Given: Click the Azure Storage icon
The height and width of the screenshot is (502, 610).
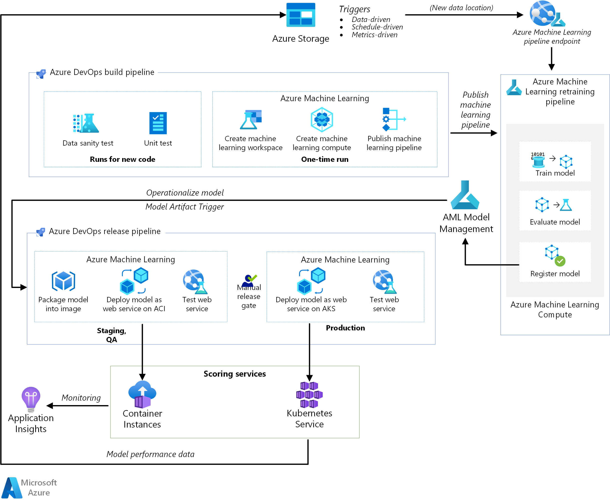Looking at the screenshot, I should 301,15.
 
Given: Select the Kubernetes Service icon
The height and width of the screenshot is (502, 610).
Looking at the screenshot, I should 309,394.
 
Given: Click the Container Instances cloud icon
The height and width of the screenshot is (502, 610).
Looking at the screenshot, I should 142,394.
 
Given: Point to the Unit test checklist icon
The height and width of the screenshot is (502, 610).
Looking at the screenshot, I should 158,123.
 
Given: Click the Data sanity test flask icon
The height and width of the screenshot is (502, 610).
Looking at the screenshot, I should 86,123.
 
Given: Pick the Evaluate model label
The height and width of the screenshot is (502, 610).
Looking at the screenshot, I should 555,222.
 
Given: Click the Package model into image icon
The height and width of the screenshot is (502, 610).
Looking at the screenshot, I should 63,281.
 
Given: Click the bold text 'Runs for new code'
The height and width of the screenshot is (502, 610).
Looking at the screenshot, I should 122,159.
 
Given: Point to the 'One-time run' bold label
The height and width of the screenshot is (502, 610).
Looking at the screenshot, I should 324,159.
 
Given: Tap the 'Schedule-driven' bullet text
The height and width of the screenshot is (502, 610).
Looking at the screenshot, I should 377,27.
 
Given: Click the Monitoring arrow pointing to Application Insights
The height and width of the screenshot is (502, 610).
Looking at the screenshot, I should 77,406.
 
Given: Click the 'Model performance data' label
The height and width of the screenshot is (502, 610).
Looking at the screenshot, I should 150,454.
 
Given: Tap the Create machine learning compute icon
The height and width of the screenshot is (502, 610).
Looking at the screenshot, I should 322,119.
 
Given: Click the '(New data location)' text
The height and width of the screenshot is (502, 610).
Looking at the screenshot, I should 461,8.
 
